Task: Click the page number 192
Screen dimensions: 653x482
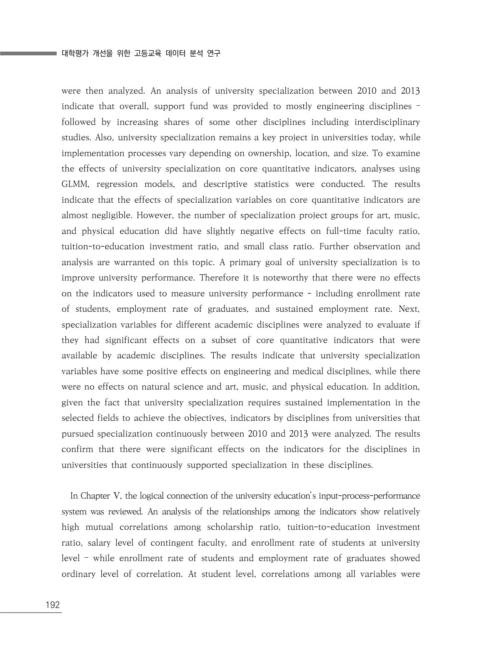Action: coord(52,605)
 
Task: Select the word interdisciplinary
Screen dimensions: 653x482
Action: coord(387,122)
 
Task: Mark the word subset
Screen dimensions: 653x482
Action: coord(224,340)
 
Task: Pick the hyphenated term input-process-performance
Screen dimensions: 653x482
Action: coord(370,496)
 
